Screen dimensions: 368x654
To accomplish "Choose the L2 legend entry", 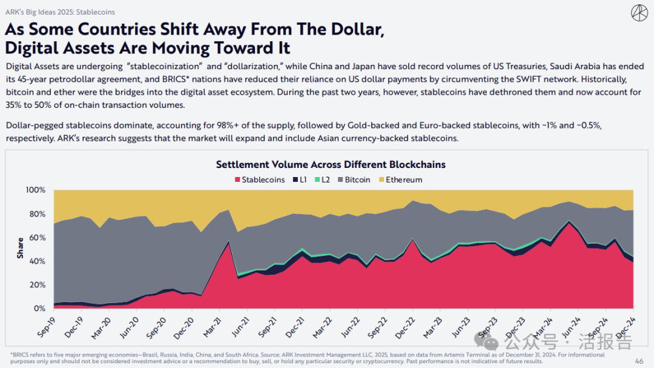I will coord(326,179).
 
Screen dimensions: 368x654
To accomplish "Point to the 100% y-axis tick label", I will coord(36,190).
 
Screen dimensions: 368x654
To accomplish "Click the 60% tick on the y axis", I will coord(38,238).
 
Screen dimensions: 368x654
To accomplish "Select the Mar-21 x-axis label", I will coord(211,325).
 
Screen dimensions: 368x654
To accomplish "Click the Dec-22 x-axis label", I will coord(403,325).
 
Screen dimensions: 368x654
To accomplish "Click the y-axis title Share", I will coord(21,249).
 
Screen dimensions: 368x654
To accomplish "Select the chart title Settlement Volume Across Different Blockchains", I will coord(331,164).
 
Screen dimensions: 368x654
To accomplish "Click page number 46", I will coord(639,361).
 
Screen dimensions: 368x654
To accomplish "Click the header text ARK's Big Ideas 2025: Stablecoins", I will coord(59,12).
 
